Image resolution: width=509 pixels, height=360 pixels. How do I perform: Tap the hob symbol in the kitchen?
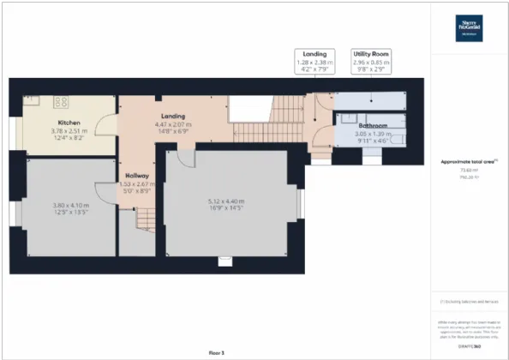click(x=62, y=101)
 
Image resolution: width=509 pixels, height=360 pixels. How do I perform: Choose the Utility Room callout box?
click(x=371, y=63)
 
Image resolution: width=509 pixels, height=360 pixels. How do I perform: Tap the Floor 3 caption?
click(x=215, y=352)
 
